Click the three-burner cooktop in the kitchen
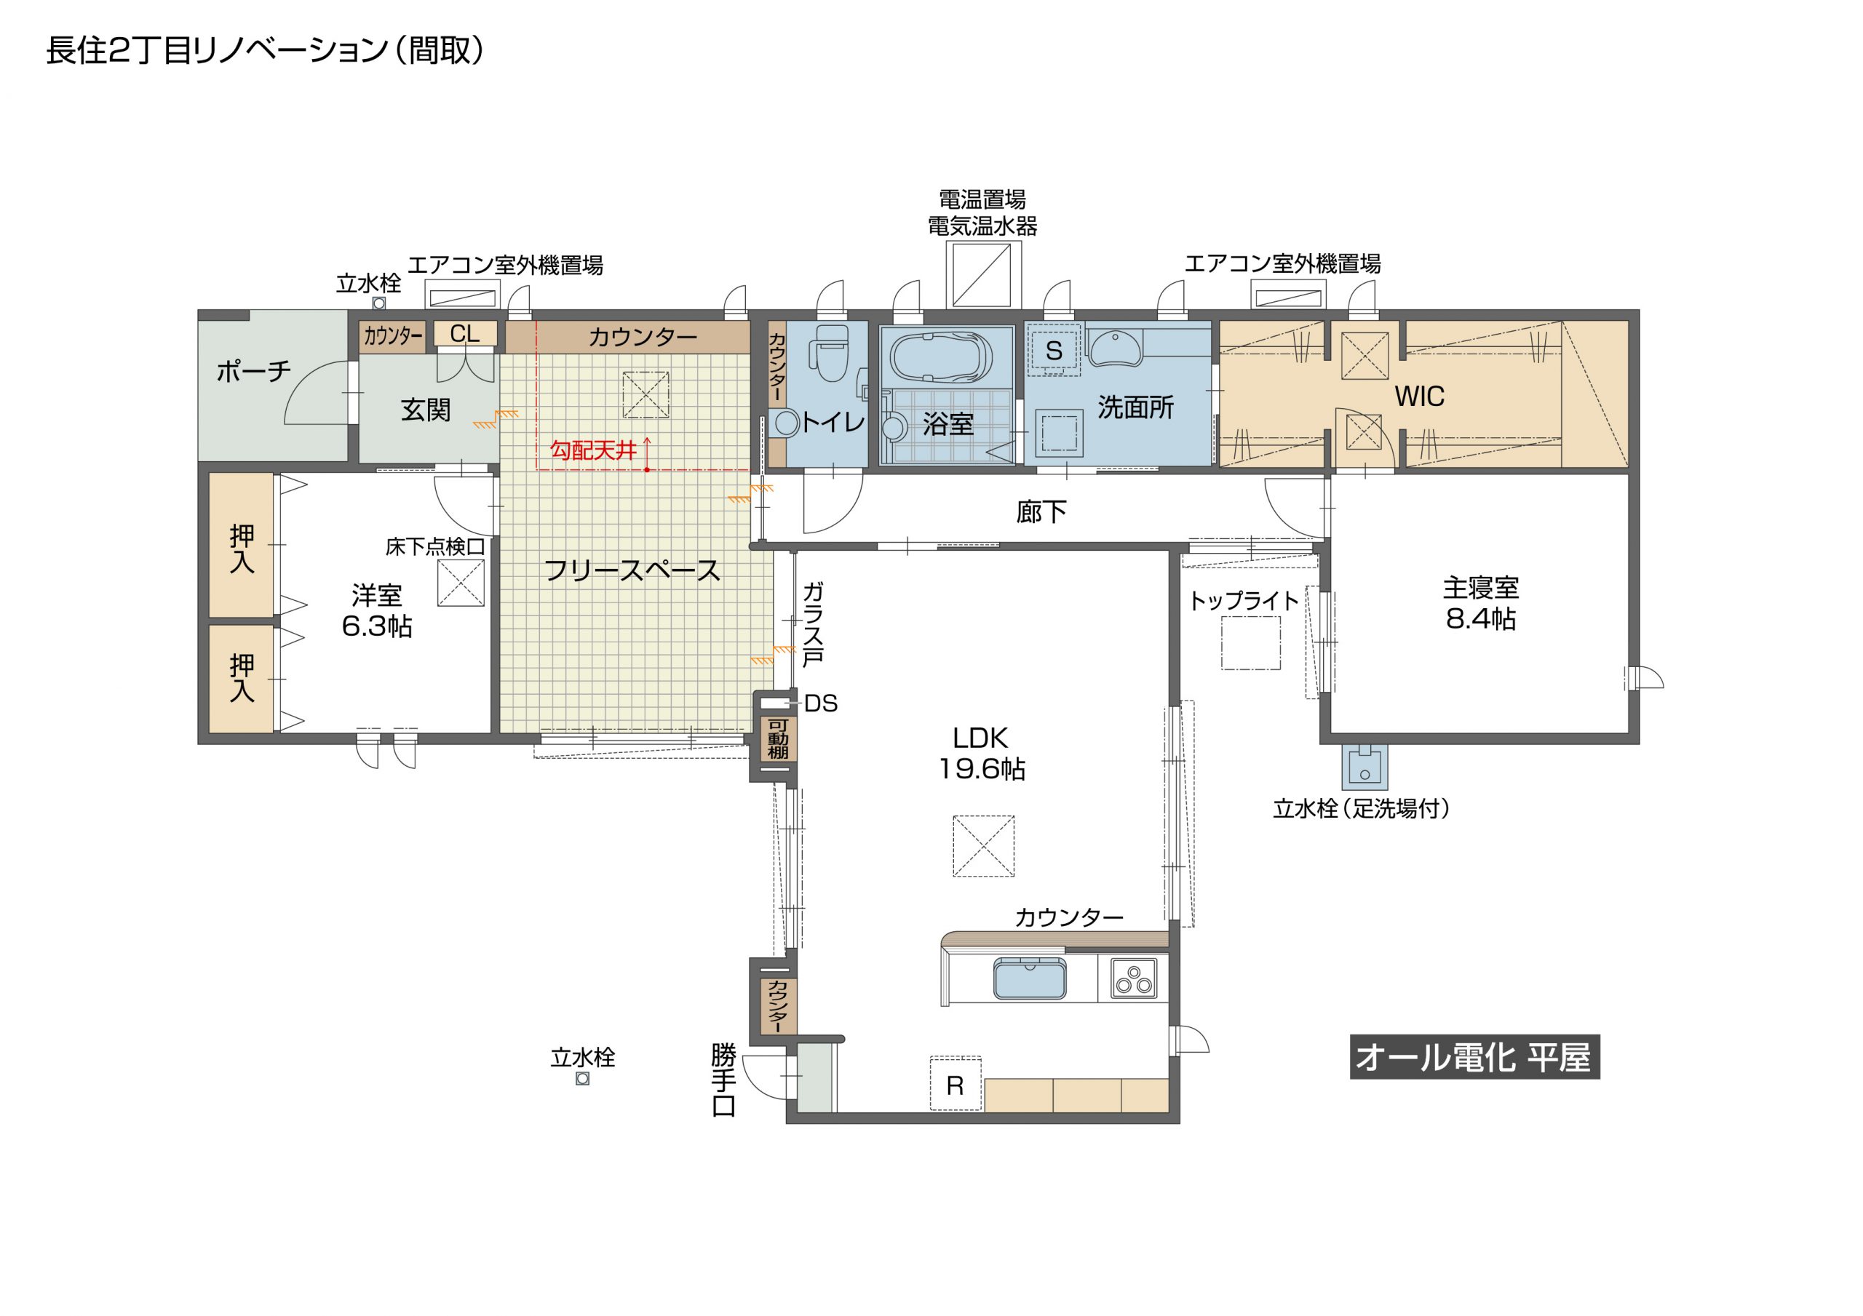[1134, 978]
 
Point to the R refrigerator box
[955, 1084]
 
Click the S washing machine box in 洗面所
[1053, 350]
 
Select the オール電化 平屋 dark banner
[1474, 1056]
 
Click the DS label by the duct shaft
[820, 703]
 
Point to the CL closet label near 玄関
[464, 333]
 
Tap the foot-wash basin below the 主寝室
[1364, 767]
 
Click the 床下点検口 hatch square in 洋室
[461, 583]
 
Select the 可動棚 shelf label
[778, 739]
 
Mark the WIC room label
[1419, 396]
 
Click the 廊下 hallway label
[1041, 512]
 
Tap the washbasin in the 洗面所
[1115, 347]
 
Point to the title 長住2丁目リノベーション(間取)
[264, 50]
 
